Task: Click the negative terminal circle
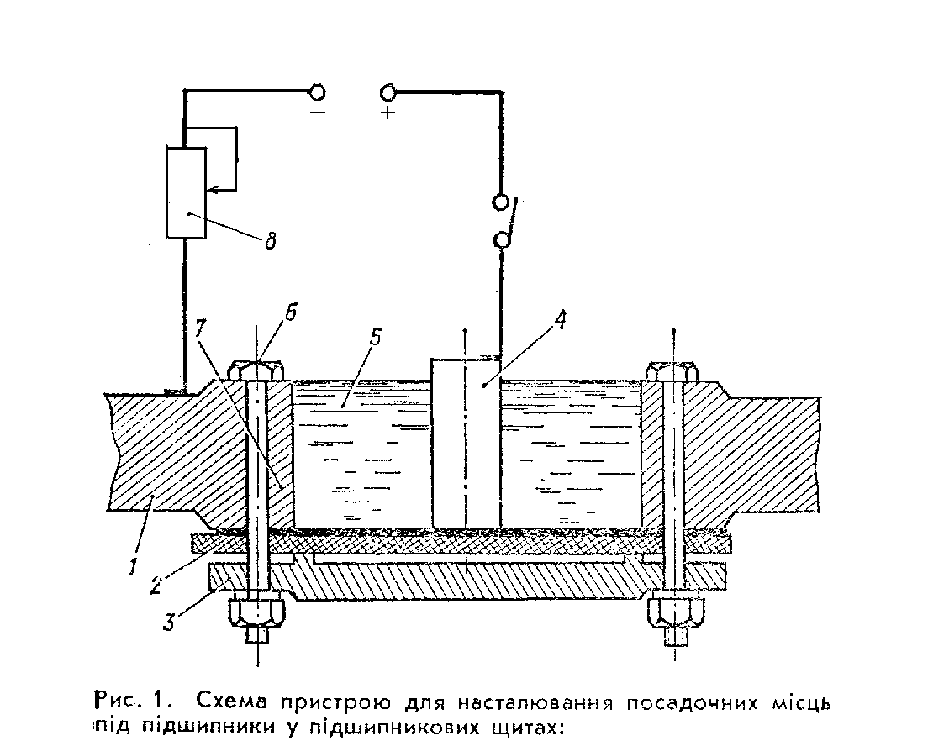tap(318, 92)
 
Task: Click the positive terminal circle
tap(388, 92)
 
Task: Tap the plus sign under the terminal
tap(388, 113)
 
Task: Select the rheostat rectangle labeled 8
tap(186, 192)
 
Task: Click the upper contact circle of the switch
tap(502, 202)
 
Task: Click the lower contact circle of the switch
tap(502, 242)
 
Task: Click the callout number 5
tap(376, 339)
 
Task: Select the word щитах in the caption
tap(523, 725)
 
